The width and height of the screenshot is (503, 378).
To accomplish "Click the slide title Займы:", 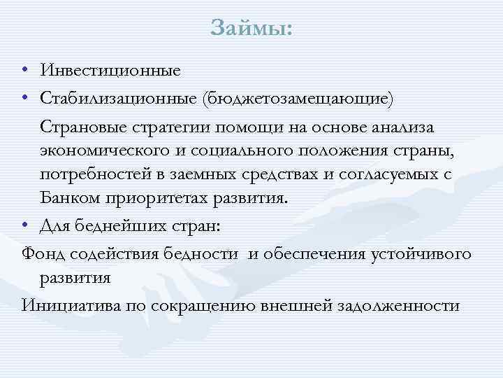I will [x=251, y=29].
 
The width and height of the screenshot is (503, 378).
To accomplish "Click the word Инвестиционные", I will [x=110, y=70].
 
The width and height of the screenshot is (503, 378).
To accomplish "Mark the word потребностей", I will [x=99, y=174].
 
